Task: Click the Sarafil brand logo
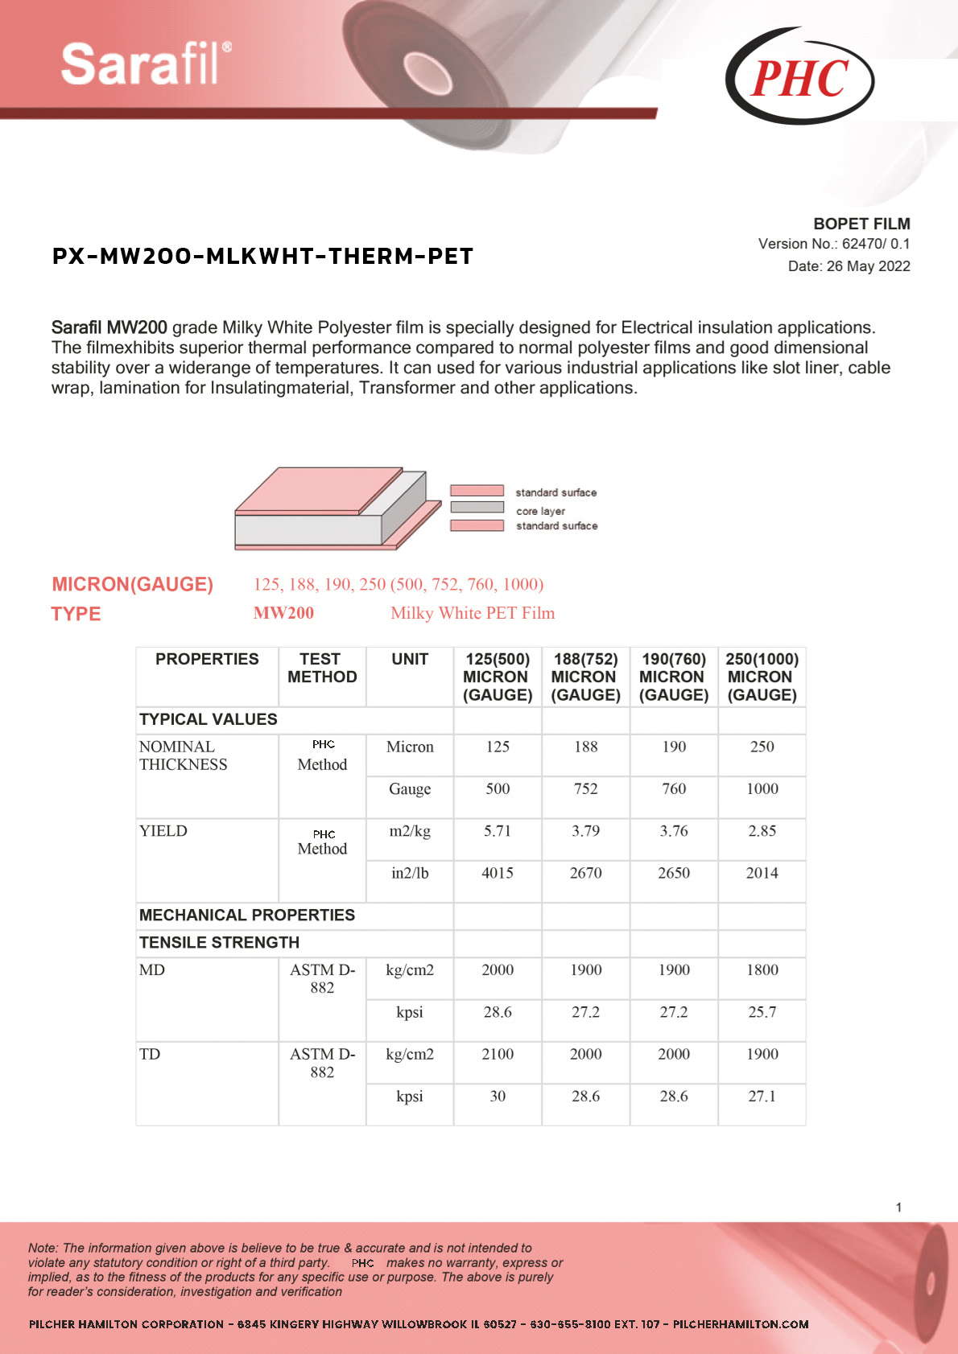click(146, 64)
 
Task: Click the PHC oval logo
click(799, 77)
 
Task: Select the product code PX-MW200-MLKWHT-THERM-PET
click(262, 257)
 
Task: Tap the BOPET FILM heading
click(861, 224)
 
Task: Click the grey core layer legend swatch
click(477, 508)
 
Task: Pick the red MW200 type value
click(283, 613)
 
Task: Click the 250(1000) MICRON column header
click(762, 677)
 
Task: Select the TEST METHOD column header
click(322, 668)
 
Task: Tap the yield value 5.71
click(498, 831)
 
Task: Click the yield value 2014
click(762, 873)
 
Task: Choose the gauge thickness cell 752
click(585, 789)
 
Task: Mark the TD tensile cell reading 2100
click(498, 1054)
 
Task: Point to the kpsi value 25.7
click(762, 1012)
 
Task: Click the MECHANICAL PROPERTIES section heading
click(247, 915)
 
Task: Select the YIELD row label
click(163, 831)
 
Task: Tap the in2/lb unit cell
click(410, 873)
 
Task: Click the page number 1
click(898, 1207)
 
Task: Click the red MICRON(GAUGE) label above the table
click(133, 584)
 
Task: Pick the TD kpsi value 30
click(498, 1096)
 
